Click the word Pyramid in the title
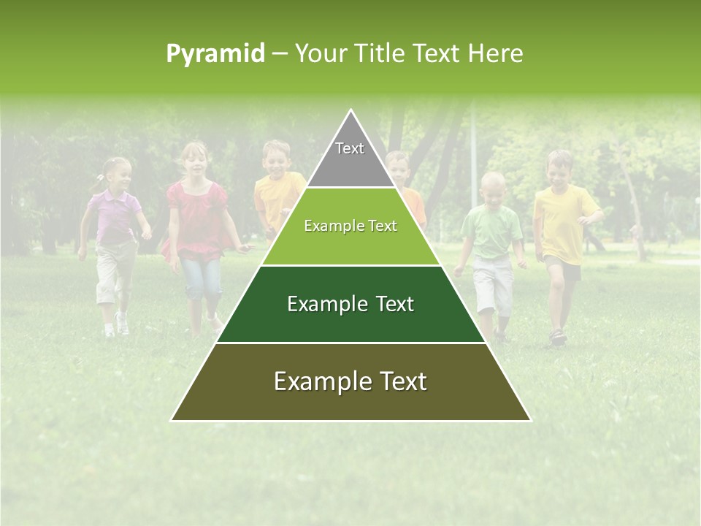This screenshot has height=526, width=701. click(x=215, y=53)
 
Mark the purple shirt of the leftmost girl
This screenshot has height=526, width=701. click(x=115, y=216)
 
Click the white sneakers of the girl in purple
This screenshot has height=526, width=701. click(x=117, y=325)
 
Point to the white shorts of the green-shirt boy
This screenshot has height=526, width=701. click(x=493, y=285)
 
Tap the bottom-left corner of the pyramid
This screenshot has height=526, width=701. click(x=172, y=420)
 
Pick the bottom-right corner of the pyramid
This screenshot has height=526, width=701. click(x=530, y=420)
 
